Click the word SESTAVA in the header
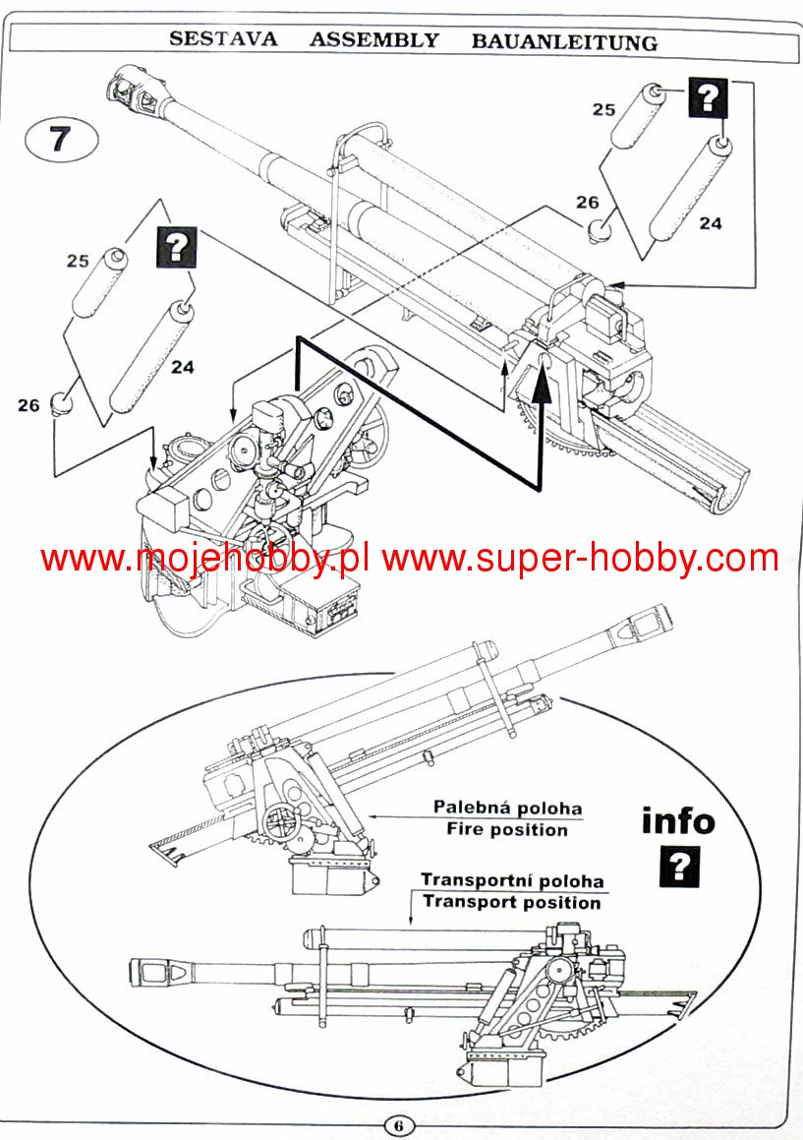pos(222,40)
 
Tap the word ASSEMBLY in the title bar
pos(374,40)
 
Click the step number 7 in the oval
pos(60,139)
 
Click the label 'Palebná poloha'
pos(507,808)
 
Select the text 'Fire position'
pos(507,830)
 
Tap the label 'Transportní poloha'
pos(512,880)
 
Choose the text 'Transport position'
pos(512,902)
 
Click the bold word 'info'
pos(678,820)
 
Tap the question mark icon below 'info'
pos(679,868)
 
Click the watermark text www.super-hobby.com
pos(581,559)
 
